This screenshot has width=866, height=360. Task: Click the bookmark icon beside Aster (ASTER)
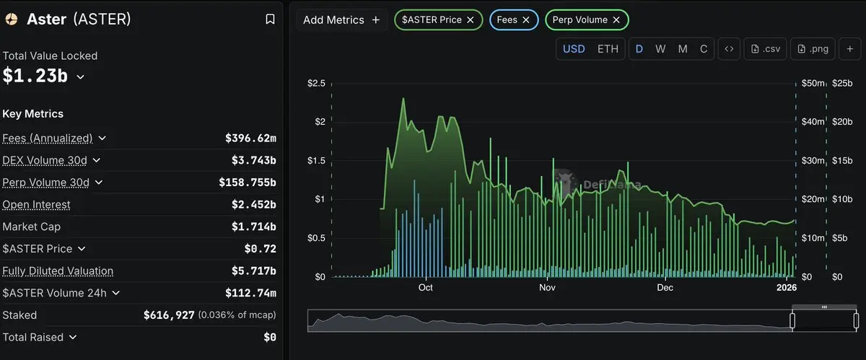(270, 19)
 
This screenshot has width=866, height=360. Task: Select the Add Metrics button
(341, 20)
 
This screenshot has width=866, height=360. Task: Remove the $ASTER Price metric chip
(471, 20)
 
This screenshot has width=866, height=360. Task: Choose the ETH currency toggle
(608, 49)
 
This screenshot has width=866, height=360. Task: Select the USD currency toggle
(574, 49)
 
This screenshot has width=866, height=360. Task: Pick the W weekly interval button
(660, 49)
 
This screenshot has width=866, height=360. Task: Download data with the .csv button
(766, 49)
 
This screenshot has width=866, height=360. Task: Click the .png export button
(813, 49)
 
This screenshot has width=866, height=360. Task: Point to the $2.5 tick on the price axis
(316, 84)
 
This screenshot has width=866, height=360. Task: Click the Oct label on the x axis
(425, 288)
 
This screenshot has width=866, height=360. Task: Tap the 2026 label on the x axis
(785, 288)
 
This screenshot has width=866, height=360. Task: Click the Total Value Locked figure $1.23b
(35, 76)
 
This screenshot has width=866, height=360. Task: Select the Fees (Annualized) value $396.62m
(250, 138)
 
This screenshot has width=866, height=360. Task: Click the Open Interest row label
(37, 205)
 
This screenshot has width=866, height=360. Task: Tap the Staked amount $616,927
(168, 315)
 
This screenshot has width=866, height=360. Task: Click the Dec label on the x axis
(665, 288)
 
